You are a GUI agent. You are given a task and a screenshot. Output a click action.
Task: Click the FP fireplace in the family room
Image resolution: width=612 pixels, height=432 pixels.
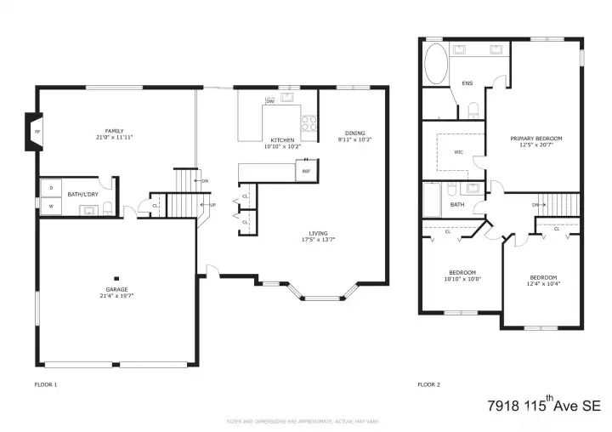[36, 133]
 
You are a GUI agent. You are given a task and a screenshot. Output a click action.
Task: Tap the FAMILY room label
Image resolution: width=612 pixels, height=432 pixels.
[115, 130]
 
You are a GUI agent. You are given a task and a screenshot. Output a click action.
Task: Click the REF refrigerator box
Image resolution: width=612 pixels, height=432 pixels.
[306, 172]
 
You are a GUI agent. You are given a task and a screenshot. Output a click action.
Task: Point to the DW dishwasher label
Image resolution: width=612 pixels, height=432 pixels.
[269, 101]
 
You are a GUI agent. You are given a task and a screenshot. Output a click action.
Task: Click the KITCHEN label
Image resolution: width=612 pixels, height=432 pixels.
[282, 139]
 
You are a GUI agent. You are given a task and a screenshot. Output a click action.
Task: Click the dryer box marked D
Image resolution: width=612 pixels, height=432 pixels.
[51, 187]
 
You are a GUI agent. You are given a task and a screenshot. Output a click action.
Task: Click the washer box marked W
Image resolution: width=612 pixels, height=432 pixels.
[51, 205]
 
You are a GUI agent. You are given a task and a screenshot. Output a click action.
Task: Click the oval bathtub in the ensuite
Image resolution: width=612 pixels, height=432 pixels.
[436, 63]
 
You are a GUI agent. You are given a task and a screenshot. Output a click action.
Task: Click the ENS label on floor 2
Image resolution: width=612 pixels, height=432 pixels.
[467, 83]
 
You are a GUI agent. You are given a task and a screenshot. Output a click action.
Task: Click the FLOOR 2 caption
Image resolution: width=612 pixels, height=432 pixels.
[428, 384]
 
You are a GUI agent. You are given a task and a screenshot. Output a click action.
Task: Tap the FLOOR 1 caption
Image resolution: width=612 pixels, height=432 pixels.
[45, 384]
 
